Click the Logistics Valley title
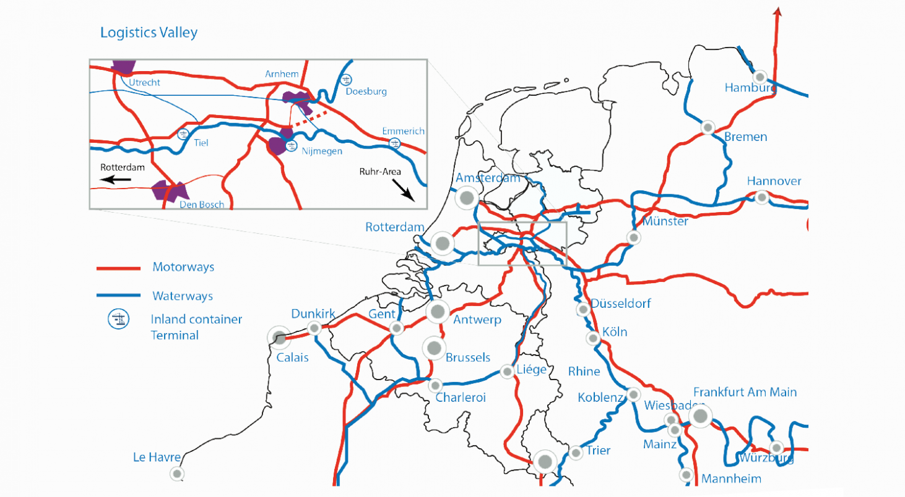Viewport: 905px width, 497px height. [x=149, y=32]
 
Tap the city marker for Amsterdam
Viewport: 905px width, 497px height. [x=467, y=198]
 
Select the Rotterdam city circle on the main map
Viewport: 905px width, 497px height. [x=442, y=244]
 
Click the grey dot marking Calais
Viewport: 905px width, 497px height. [x=279, y=338]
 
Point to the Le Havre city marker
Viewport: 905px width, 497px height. [x=177, y=474]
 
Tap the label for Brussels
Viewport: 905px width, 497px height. [x=467, y=357]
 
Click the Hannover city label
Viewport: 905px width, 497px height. [x=774, y=181]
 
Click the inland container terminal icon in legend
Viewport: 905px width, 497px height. [x=118, y=320]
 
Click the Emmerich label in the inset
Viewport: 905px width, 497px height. [x=403, y=131]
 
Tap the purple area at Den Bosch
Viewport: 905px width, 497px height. [x=165, y=191]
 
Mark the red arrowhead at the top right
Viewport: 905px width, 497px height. [x=777, y=11]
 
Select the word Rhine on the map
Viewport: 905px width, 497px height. [x=584, y=372]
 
